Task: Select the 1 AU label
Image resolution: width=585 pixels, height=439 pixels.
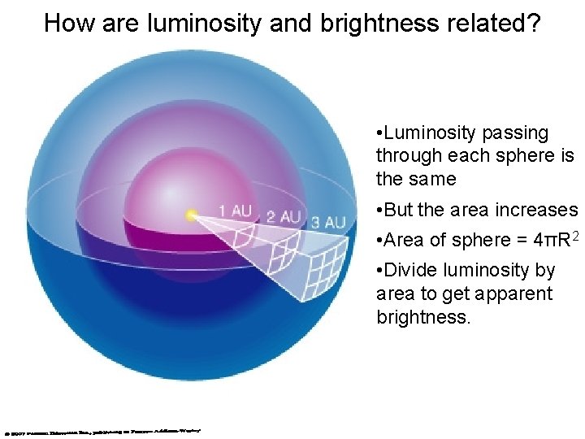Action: click(x=235, y=211)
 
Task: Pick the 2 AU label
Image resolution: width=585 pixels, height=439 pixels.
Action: click(x=284, y=217)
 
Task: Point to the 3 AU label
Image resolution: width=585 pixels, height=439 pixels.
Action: click(x=328, y=222)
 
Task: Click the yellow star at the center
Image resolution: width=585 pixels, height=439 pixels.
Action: click(x=192, y=215)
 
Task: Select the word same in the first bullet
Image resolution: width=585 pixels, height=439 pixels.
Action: click(x=435, y=178)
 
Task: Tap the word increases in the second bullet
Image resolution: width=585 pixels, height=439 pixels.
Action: click(x=538, y=210)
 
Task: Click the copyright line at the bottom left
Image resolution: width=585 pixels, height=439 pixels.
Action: click(x=102, y=431)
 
